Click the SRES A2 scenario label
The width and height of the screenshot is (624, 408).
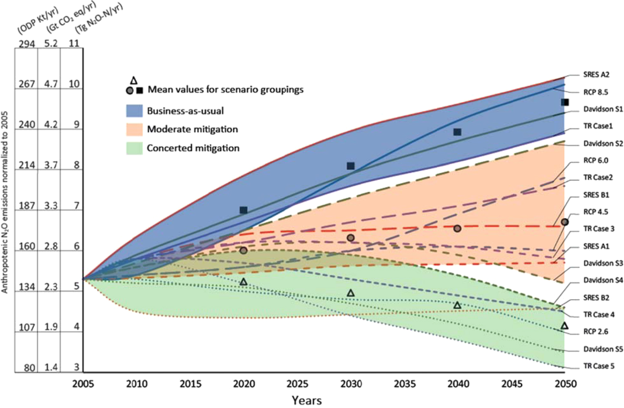596,75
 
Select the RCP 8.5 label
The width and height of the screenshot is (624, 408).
596,92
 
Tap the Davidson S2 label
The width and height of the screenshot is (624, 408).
603,143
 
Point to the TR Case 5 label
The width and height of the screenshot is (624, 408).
599,366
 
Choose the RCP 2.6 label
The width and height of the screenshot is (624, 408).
596,332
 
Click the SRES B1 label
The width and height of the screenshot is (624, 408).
596,195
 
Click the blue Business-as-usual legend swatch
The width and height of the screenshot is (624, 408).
134,111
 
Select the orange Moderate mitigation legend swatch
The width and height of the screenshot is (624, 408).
134,129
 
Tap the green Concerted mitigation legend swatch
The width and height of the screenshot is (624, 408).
134,148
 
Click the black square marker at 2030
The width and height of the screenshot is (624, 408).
351,166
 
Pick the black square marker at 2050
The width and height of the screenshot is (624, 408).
565,102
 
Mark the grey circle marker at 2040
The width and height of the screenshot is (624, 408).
457,228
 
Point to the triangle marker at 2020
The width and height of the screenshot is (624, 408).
243,282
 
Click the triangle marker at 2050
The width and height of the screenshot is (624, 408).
564,326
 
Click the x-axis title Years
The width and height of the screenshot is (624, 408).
307,400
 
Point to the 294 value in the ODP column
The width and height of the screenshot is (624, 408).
27,43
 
